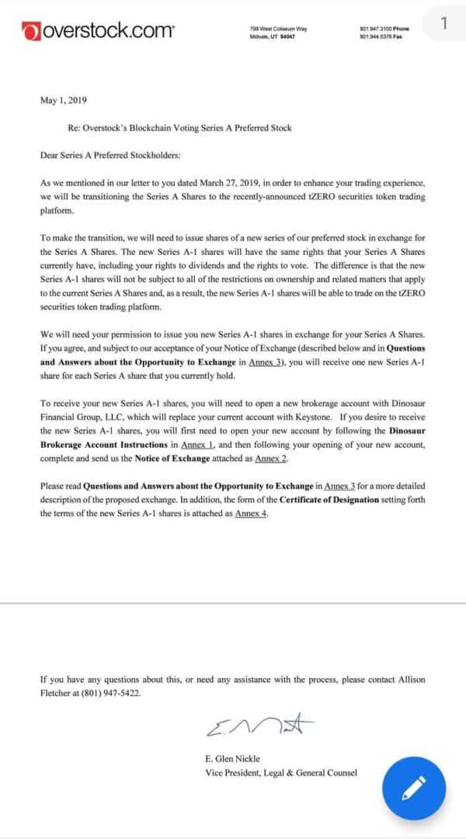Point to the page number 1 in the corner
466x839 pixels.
point(443,23)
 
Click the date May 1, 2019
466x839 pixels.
point(64,100)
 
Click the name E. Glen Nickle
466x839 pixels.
point(232,757)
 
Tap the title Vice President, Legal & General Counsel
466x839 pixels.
point(281,772)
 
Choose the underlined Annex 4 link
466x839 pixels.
point(252,514)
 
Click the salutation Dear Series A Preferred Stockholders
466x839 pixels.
point(110,155)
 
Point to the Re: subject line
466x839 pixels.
point(180,128)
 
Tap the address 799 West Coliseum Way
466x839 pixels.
point(278,29)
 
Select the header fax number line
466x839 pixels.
point(381,36)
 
